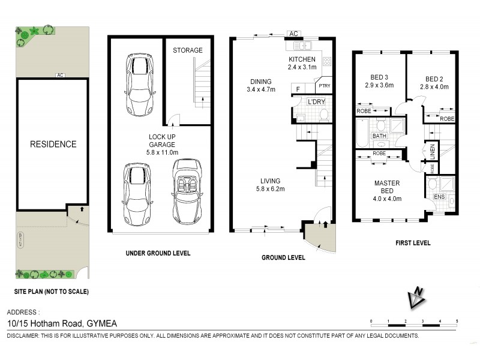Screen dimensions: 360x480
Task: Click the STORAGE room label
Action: click(188, 50)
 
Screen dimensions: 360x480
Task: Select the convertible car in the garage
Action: click(185, 191)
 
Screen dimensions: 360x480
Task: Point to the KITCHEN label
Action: click(301, 59)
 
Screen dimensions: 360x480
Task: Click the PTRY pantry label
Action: click(325, 86)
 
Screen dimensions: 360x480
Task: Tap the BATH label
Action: click(380, 136)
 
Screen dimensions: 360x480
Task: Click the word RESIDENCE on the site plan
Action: click(54, 144)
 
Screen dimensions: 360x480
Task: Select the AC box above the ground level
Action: click(294, 34)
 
